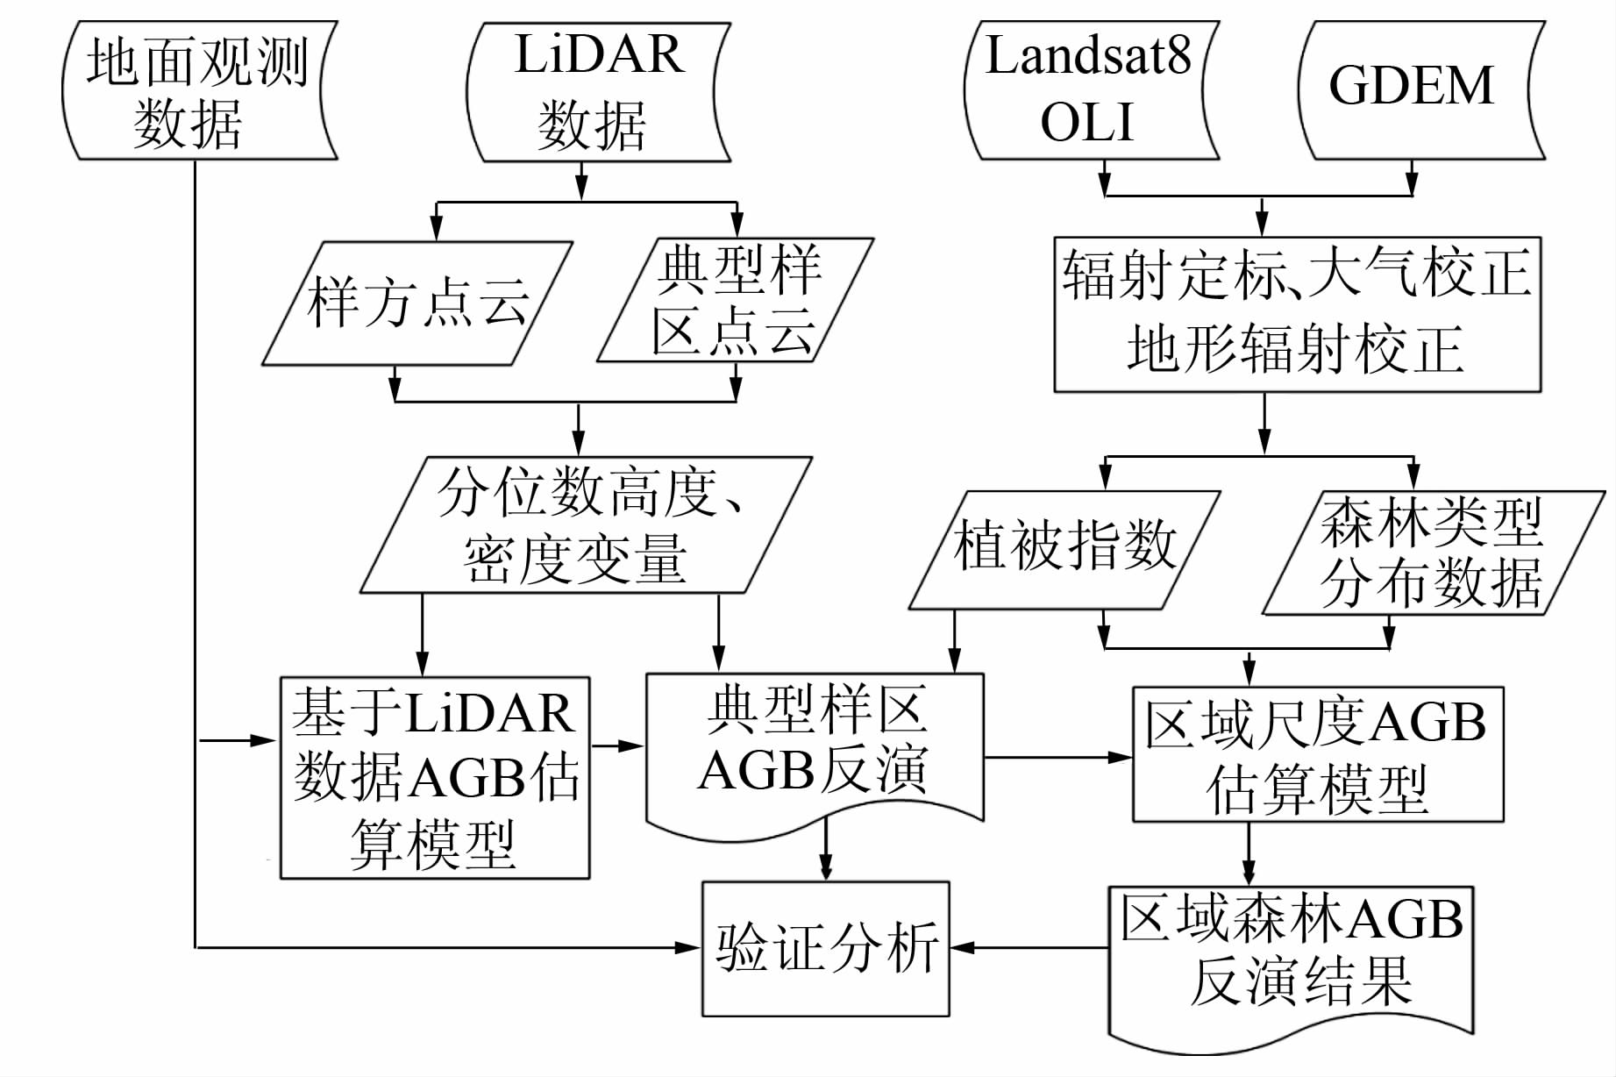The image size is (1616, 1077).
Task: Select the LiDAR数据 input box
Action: pos(599,91)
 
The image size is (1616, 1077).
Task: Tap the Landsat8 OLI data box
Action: pos(1090,91)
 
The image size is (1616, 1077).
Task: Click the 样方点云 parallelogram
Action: pos(417,303)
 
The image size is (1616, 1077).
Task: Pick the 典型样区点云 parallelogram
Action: pos(735,300)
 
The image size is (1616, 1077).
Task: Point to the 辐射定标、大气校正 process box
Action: pos(1297,314)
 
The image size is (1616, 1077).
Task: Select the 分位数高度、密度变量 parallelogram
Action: pos(586,524)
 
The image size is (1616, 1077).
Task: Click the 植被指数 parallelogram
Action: pos(1064,549)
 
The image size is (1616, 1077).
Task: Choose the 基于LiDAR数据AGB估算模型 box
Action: pos(435,777)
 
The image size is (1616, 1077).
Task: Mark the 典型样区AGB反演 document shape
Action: pos(815,751)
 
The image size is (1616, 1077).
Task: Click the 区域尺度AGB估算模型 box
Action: pos(1318,754)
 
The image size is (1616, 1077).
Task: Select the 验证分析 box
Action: pos(825,948)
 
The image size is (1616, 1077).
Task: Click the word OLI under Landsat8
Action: pos(1087,123)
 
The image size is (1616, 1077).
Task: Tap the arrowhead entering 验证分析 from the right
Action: pos(962,947)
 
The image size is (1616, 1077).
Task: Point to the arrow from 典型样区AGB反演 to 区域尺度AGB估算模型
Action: pos(1057,757)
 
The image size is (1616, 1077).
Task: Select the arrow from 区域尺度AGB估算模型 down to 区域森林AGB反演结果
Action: pos(1249,853)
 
